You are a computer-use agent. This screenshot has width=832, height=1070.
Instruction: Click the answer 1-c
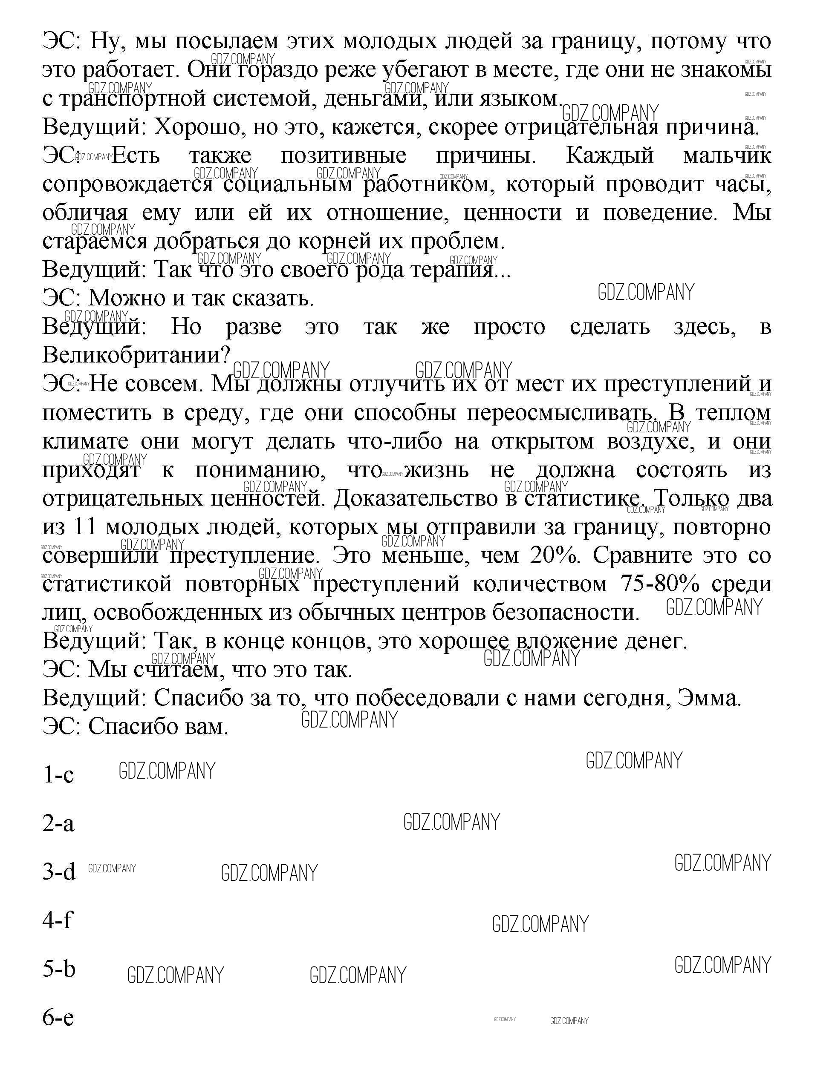click(x=58, y=774)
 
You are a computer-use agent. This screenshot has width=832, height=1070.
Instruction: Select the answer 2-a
click(x=58, y=823)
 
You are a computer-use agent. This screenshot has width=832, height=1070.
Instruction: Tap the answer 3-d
click(x=59, y=872)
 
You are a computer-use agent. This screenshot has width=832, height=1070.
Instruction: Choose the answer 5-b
click(x=59, y=969)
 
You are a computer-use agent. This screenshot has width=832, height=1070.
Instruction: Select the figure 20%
click(x=558, y=555)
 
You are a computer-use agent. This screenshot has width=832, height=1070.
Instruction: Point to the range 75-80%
click(x=660, y=584)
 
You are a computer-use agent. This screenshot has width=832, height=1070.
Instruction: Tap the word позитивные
click(x=343, y=155)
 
